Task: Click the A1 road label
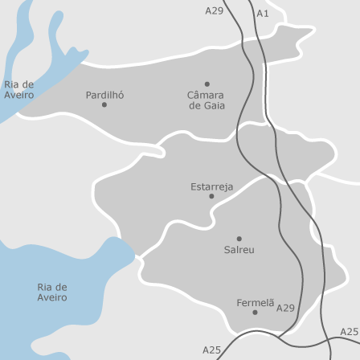(263, 14)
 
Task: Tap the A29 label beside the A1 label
(214, 10)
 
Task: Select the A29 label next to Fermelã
(285, 308)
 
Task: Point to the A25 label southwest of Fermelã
(211, 350)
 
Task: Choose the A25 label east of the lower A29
(349, 332)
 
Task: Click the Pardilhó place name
(104, 94)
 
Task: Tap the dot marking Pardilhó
(104, 104)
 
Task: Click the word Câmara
(207, 95)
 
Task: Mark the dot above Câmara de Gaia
(207, 84)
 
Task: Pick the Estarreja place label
(212, 186)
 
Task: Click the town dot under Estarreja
(211, 196)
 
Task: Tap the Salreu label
(239, 250)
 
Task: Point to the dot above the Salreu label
(239, 239)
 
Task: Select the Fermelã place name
(255, 302)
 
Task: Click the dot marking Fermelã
(255, 312)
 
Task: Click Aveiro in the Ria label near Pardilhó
(18, 95)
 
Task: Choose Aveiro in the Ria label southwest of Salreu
(52, 297)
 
